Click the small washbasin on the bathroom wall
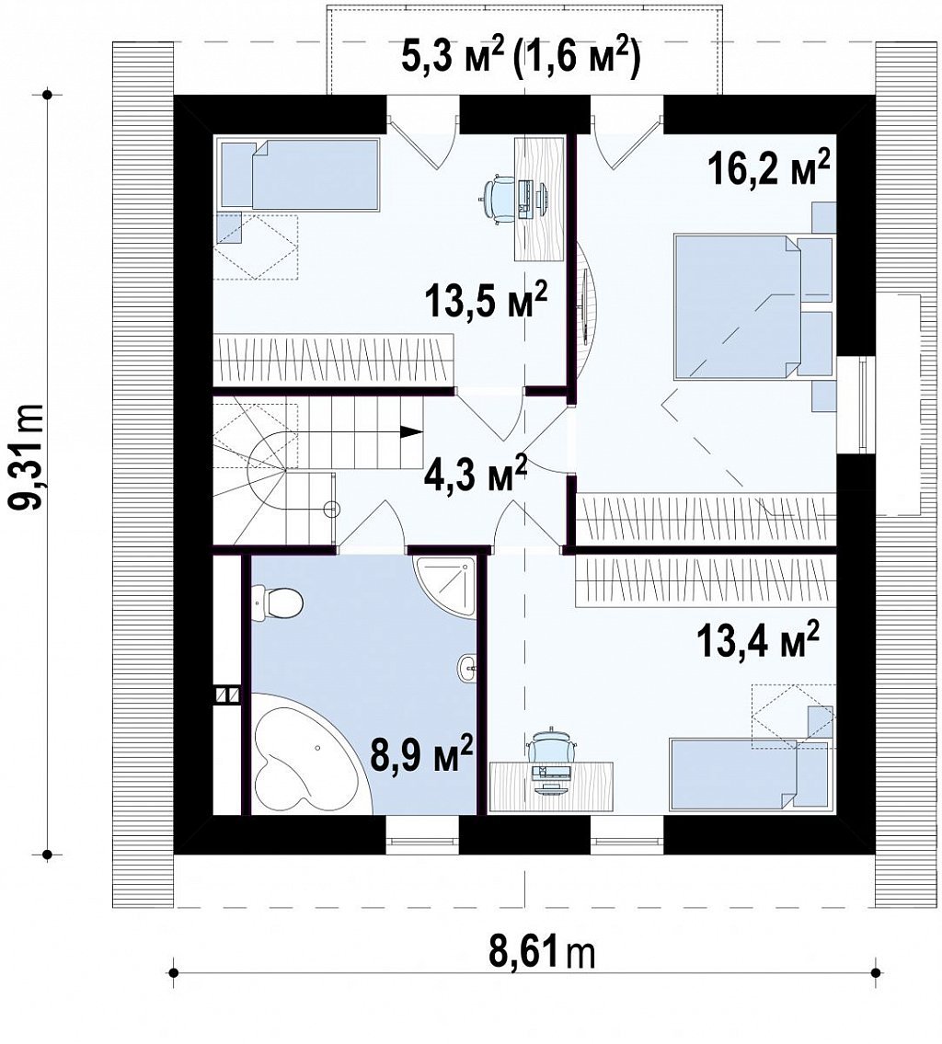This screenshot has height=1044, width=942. pos(468,667)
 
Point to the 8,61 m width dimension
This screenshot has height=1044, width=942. pos(542,954)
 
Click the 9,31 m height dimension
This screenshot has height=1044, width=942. pos(28,455)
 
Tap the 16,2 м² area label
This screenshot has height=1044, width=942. pos(769,168)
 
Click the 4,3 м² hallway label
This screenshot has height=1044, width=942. pos(476,474)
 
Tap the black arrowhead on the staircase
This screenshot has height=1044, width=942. pos(412,431)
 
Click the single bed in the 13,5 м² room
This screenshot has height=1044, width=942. pos(300,175)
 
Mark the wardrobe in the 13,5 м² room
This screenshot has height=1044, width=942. pos(333,359)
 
